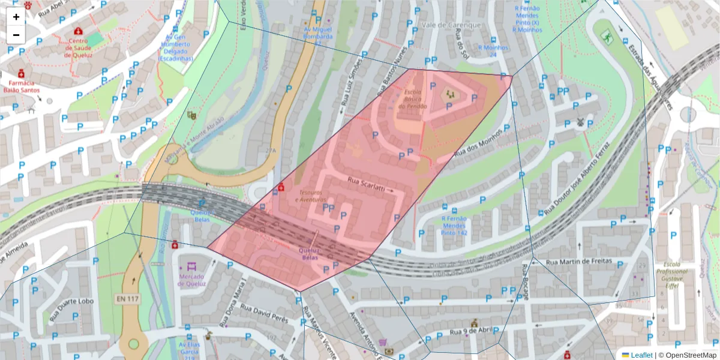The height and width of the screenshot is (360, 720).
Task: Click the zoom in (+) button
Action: coord(16,17)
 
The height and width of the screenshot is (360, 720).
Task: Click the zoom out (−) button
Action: coord(16,34)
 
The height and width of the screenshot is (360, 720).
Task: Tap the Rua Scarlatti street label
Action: coord(366,184)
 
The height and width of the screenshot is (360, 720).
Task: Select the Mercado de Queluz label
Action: coord(192,280)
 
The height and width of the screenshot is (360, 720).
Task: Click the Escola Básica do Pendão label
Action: coord(413,99)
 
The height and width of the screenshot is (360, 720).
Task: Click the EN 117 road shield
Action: coord(126,298)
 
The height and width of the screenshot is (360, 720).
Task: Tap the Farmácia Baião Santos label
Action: coord(22,86)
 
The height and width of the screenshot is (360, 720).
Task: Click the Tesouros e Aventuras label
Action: coord(311,196)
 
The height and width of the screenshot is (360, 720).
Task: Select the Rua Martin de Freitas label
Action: coord(579,262)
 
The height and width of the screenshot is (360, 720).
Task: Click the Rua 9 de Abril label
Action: coord(471,331)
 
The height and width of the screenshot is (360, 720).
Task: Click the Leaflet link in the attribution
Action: coord(641,355)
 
